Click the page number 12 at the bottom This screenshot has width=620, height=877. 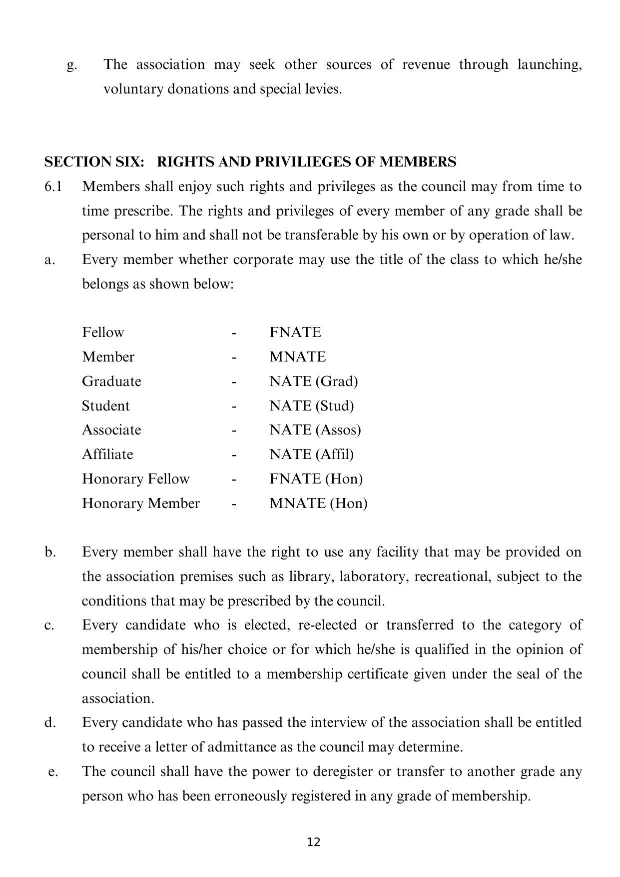tap(313, 842)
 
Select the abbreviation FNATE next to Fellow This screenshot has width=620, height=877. tap(295, 332)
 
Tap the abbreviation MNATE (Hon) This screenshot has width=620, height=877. tap(318, 503)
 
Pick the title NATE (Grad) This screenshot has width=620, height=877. tap(313, 381)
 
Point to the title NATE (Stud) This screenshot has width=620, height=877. tap(311, 405)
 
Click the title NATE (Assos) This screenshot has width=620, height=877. tap(315, 430)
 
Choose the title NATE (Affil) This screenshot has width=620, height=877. tap(311, 454)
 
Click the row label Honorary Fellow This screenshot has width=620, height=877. tap(135, 479)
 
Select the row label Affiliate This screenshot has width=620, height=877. tap(107, 454)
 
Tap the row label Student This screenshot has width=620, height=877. tap(105, 405)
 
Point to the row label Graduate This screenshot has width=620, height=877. tap(111, 381)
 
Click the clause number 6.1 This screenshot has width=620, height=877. tap(53, 187)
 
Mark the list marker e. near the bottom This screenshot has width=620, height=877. tap(53, 771)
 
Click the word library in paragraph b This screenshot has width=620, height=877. tap(311, 576)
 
